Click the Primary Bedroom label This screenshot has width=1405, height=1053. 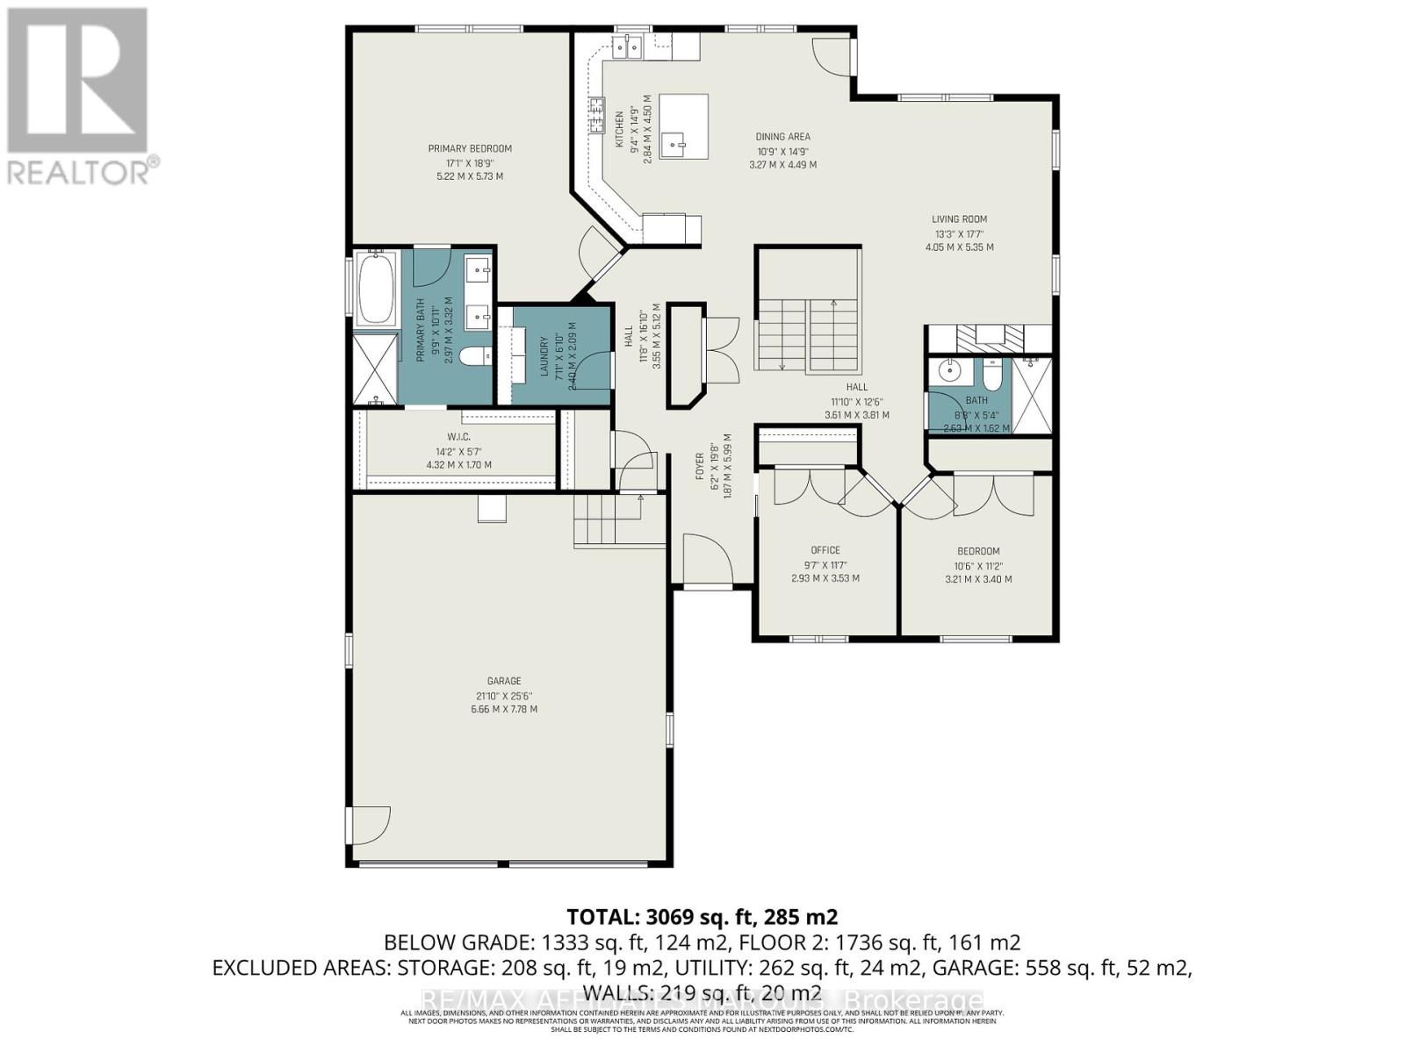tap(470, 148)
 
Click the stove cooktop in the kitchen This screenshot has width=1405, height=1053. tap(600, 114)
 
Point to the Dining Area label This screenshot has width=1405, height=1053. tap(782, 137)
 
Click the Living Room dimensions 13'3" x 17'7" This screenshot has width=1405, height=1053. tap(959, 234)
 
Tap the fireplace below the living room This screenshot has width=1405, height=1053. tap(991, 334)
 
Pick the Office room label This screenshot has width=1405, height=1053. tap(825, 550)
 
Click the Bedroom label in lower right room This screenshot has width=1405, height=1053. tap(978, 551)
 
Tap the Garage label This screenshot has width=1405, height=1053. tap(504, 681)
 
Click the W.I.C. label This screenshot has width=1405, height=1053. tap(458, 437)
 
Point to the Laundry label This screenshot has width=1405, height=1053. tap(544, 356)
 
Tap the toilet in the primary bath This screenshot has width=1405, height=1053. tap(474, 356)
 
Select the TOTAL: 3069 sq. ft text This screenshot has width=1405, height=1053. tap(702, 917)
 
